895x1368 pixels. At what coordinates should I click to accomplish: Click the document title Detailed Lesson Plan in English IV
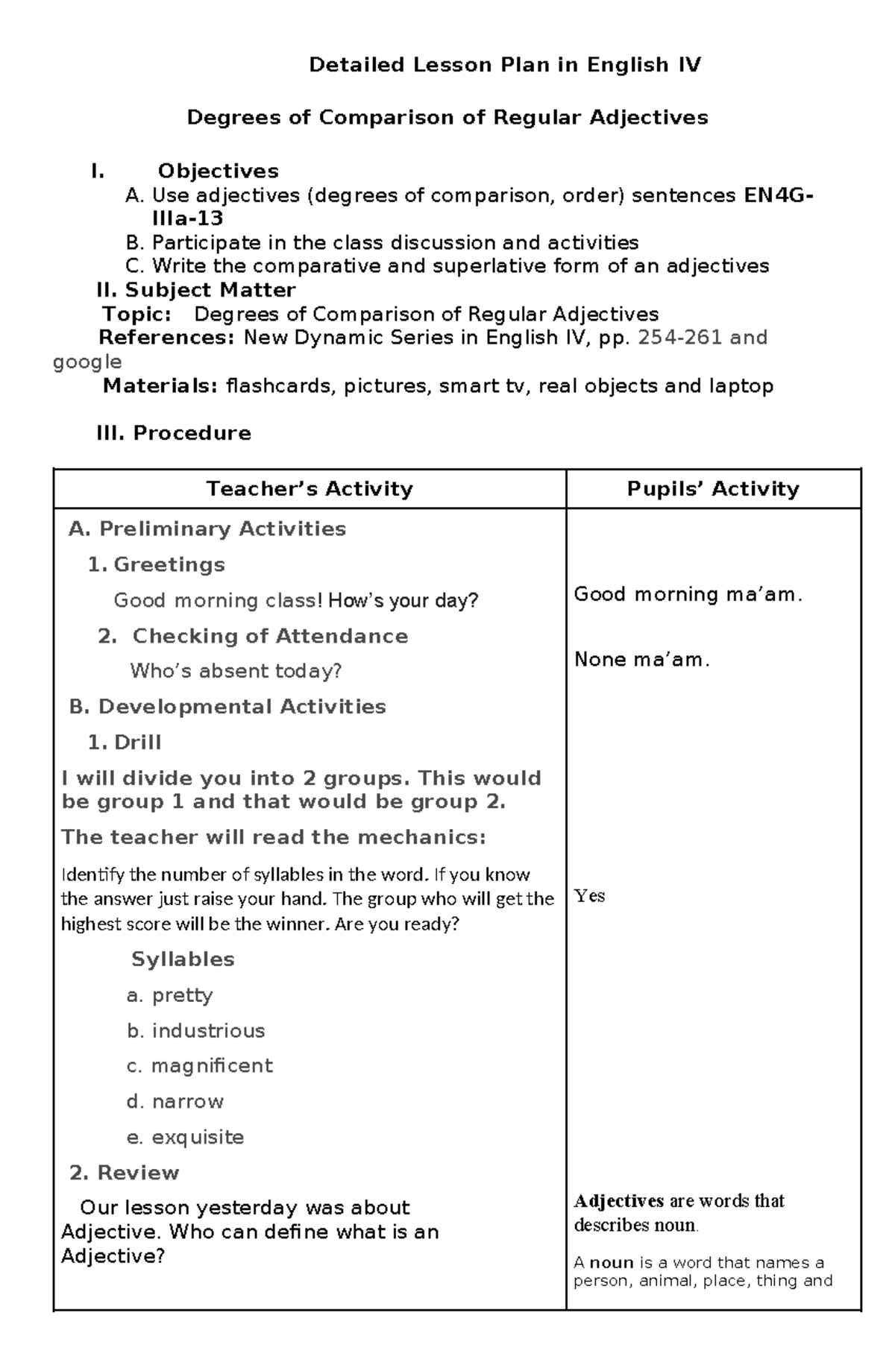pos(505,66)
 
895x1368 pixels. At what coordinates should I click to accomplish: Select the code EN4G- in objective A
pos(779,195)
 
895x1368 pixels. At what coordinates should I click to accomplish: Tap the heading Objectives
pos(218,171)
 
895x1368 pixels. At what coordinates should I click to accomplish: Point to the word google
pos(87,362)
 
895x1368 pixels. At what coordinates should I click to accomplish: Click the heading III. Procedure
pos(174,433)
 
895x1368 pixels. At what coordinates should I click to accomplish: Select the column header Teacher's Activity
pos(310,489)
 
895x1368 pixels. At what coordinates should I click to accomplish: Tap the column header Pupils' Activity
pos(713,489)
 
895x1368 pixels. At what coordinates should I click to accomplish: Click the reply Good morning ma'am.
pos(688,595)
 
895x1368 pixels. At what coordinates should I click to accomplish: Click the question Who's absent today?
pos(236,671)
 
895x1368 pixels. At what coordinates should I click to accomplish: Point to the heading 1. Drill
pos(125,743)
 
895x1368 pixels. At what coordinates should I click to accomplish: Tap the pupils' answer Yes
pos(589,896)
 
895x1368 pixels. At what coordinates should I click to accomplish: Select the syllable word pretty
pos(183,995)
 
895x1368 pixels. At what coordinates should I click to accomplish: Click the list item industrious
pos(208,1031)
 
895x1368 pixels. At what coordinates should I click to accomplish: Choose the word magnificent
pos(212,1066)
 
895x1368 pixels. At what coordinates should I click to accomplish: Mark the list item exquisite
pos(198,1138)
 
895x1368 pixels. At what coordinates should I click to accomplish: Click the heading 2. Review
pos(125,1173)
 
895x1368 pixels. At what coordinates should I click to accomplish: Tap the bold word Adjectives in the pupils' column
pos(619,1201)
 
